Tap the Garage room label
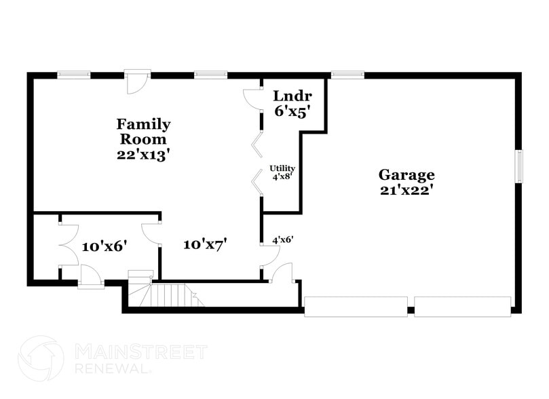(406, 175)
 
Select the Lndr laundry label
(292, 96)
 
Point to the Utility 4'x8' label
(282, 171)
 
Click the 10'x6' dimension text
(105, 246)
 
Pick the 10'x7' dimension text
(205, 244)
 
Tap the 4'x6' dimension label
(282, 240)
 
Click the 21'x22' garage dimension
(406, 191)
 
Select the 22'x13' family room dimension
(143, 154)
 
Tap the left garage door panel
(356, 307)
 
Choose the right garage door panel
(462, 307)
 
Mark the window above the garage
(347, 75)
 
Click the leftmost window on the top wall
(73, 75)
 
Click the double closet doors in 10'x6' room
(69, 245)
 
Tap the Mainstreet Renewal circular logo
(41, 358)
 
